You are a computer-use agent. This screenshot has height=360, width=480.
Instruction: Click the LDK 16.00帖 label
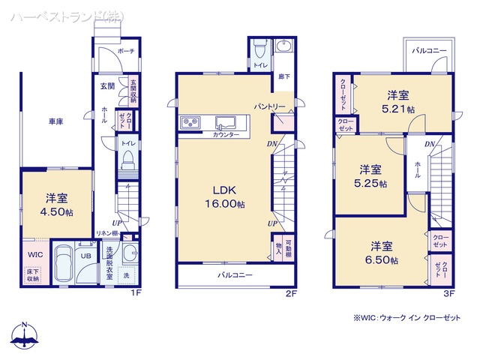[x=223, y=197]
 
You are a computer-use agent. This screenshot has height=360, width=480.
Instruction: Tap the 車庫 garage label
[x=56, y=121]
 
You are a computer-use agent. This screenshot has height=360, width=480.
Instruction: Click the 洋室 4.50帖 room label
[x=57, y=205]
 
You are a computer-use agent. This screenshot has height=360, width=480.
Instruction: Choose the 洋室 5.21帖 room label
[x=397, y=102]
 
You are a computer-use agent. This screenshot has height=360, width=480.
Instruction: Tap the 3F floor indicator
[x=450, y=293]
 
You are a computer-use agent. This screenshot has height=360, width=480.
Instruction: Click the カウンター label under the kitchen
[x=226, y=134]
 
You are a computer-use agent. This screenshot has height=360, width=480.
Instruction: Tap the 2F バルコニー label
[x=235, y=275]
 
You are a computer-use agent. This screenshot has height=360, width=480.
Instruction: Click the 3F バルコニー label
[x=429, y=50]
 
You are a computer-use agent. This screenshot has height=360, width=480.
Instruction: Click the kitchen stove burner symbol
[x=187, y=122]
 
